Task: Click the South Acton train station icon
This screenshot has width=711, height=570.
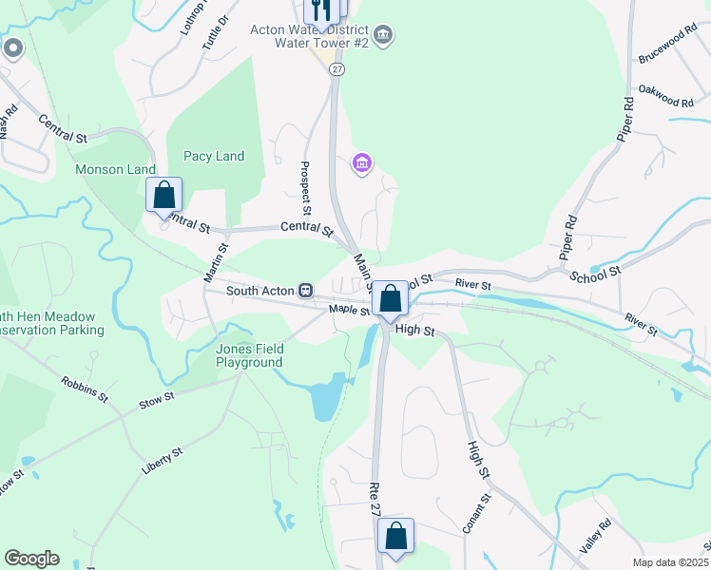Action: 305,290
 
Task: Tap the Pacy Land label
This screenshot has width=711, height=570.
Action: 214,157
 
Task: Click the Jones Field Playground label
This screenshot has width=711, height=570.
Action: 249,355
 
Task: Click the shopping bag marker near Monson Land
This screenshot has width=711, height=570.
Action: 164,195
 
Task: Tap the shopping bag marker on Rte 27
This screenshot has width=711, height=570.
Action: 396,536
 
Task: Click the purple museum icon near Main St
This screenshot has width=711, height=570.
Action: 361,164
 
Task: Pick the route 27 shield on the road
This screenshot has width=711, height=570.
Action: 337,69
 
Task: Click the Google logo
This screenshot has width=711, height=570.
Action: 31,559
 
